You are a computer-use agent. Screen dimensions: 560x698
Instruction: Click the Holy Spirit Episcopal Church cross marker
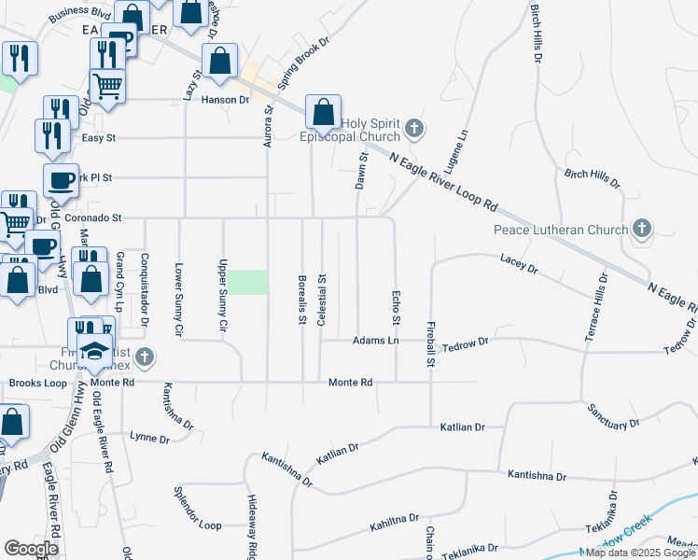click(x=414, y=129)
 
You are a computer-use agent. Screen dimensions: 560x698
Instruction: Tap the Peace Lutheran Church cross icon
click(x=641, y=228)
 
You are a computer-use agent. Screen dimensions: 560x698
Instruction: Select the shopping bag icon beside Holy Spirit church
click(x=322, y=112)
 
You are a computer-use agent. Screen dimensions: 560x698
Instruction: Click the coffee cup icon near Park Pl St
click(x=62, y=179)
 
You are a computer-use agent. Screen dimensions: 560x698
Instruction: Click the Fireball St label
click(x=431, y=346)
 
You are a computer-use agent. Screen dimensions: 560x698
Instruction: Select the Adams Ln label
click(x=376, y=341)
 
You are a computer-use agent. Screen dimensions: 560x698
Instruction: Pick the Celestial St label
click(x=322, y=299)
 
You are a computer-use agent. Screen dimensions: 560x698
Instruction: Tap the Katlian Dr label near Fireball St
click(x=463, y=427)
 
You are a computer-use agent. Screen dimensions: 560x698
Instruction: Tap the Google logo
click(x=32, y=549)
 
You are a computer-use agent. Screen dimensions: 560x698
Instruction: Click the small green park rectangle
click(x=248, y=281)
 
